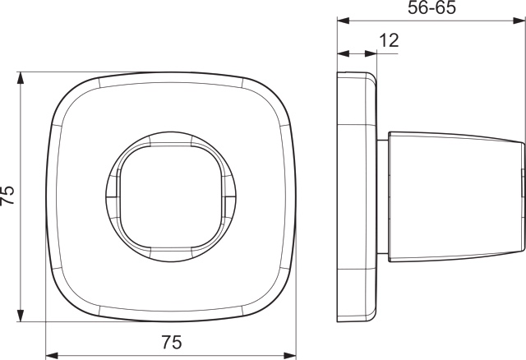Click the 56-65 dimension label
431,7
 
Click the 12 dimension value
389,40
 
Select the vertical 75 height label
7,195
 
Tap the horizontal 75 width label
172,342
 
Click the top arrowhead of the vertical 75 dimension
21,78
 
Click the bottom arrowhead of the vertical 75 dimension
21,316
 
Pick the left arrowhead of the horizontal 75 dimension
52,355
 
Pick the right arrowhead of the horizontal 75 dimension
290,355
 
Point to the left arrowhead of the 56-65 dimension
344,21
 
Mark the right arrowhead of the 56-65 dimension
519,21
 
